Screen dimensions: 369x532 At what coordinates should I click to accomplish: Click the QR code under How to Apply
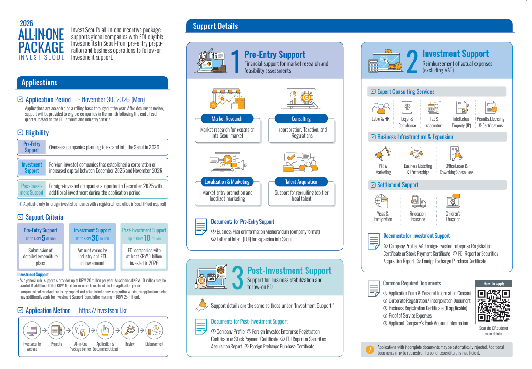(x=493, y=306)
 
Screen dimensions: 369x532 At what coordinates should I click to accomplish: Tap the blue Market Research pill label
(x=227, y=118)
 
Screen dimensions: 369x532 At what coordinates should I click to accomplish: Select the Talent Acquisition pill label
(x=301, y=181)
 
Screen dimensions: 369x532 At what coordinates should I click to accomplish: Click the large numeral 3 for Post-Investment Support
(x=237, y=278)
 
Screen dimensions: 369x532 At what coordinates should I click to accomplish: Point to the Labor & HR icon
(x=381, y=108)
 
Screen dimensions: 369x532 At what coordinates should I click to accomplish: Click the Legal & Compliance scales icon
(x=407, y=108)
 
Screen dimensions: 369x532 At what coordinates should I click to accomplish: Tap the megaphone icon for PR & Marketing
(x=383, y=153)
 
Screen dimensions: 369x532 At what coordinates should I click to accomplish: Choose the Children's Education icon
(x=453, y=202)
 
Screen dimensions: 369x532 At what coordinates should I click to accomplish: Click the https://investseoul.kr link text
(x=103, y=311)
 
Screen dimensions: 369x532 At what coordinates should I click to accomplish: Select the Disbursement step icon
(x=154, y=331)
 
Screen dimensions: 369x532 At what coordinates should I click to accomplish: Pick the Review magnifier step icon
(x=130, y=331)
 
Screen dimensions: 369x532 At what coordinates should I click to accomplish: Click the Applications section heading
(x=39, y=83)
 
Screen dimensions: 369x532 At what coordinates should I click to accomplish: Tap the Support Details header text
(x=215, y=26)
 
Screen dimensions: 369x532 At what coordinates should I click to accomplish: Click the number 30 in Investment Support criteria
(x=95, y=238)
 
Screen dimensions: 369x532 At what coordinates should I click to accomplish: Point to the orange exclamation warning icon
(x=370, y=349)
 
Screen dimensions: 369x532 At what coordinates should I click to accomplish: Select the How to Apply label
(x=493, y=284)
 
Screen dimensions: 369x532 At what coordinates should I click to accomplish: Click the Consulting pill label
(x=301, y=118)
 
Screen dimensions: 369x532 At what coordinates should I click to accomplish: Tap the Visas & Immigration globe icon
(x=382, y=202)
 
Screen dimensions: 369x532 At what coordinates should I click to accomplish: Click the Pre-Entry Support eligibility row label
(x=32, y=147)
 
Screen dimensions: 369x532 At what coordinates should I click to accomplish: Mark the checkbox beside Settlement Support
(x=372, y=185)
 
